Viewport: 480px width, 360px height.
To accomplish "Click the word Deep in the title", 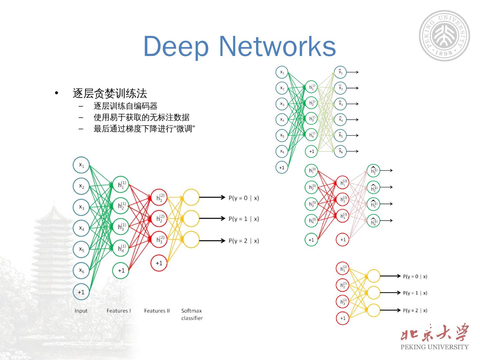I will (x=176, y=47).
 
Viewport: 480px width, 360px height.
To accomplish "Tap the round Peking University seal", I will (x=444, y=36).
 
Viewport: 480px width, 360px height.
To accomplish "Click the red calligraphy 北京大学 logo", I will (x=435, y=333).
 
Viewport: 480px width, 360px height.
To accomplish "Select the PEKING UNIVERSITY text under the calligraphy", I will (x=434, y=347).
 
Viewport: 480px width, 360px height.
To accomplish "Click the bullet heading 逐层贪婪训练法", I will (x=110, y=93).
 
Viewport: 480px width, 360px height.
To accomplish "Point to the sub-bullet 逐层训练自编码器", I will (x=125, y=106).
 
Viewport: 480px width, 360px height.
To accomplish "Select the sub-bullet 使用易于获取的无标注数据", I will (x=141, y=117).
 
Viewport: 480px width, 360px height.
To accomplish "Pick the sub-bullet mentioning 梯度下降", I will (x=144, y=129).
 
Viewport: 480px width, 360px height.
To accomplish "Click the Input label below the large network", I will (x=81, y=311).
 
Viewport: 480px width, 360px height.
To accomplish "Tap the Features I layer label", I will (x=119, y=311).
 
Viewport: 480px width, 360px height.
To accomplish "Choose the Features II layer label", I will (x=157, y=311).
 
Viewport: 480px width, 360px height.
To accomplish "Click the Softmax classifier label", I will (x=192, y=314).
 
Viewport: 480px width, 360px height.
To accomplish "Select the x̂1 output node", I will (x=340, y=72).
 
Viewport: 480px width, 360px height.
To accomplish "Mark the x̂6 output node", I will (x=340, y=151).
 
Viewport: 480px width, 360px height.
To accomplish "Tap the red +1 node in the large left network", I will (x=159, y=263).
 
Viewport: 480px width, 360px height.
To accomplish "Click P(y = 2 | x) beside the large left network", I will (x=244, y=241).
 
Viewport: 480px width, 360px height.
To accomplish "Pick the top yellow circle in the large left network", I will (x=191, y=197).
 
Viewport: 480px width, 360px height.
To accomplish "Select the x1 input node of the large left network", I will (x=81, y=165).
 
